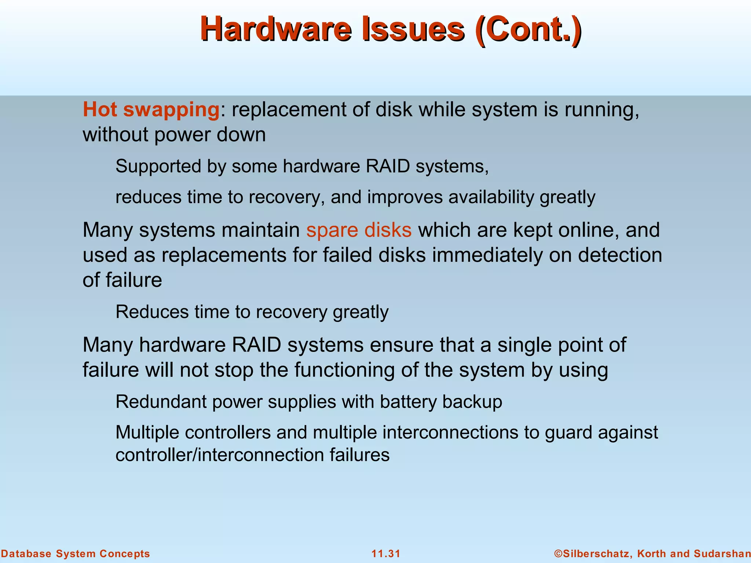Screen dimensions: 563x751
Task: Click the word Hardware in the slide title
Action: [x=276, y=29]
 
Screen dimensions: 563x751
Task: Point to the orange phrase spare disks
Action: [x=359, y=230]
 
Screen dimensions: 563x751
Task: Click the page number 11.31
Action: [x=386, y=553]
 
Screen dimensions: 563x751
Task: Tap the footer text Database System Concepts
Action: [x=76, y=553]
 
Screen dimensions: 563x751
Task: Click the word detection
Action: [x=620, y=255]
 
